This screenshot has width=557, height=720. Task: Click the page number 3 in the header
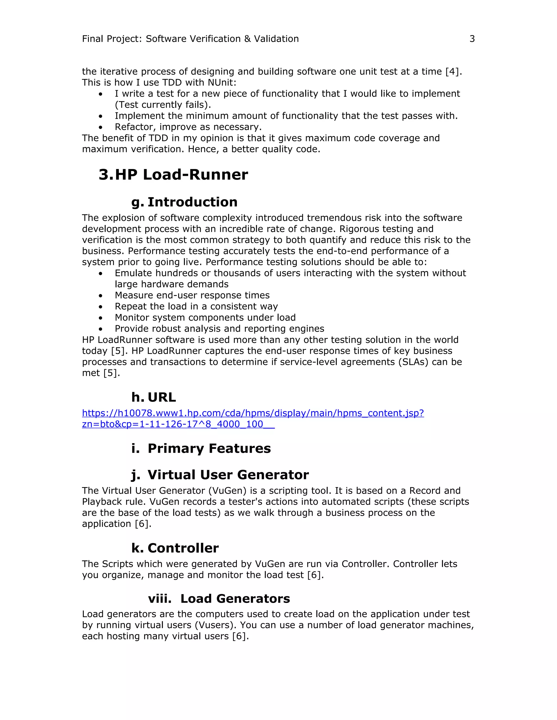click(x=472, y=39)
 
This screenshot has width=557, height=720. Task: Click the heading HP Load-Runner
click(x=181, y=174)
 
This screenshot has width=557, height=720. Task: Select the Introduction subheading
click(x=192, y=202)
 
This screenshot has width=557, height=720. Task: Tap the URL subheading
click(x=162, y=397)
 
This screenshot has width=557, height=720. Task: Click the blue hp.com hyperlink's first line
click(x=253, y=413)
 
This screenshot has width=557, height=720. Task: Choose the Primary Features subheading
click(x=209, y=448)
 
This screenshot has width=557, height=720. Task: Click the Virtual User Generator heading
click(x=228, y=475)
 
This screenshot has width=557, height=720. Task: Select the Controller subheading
click(x=183, y=548)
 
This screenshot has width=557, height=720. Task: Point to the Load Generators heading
click(x=235, y=599)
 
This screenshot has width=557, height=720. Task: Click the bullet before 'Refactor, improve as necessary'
click(x=101, y=127)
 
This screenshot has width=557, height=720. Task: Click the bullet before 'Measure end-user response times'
click(x=101, y=296)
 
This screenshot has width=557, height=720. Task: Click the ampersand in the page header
click(x=247, y=39)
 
